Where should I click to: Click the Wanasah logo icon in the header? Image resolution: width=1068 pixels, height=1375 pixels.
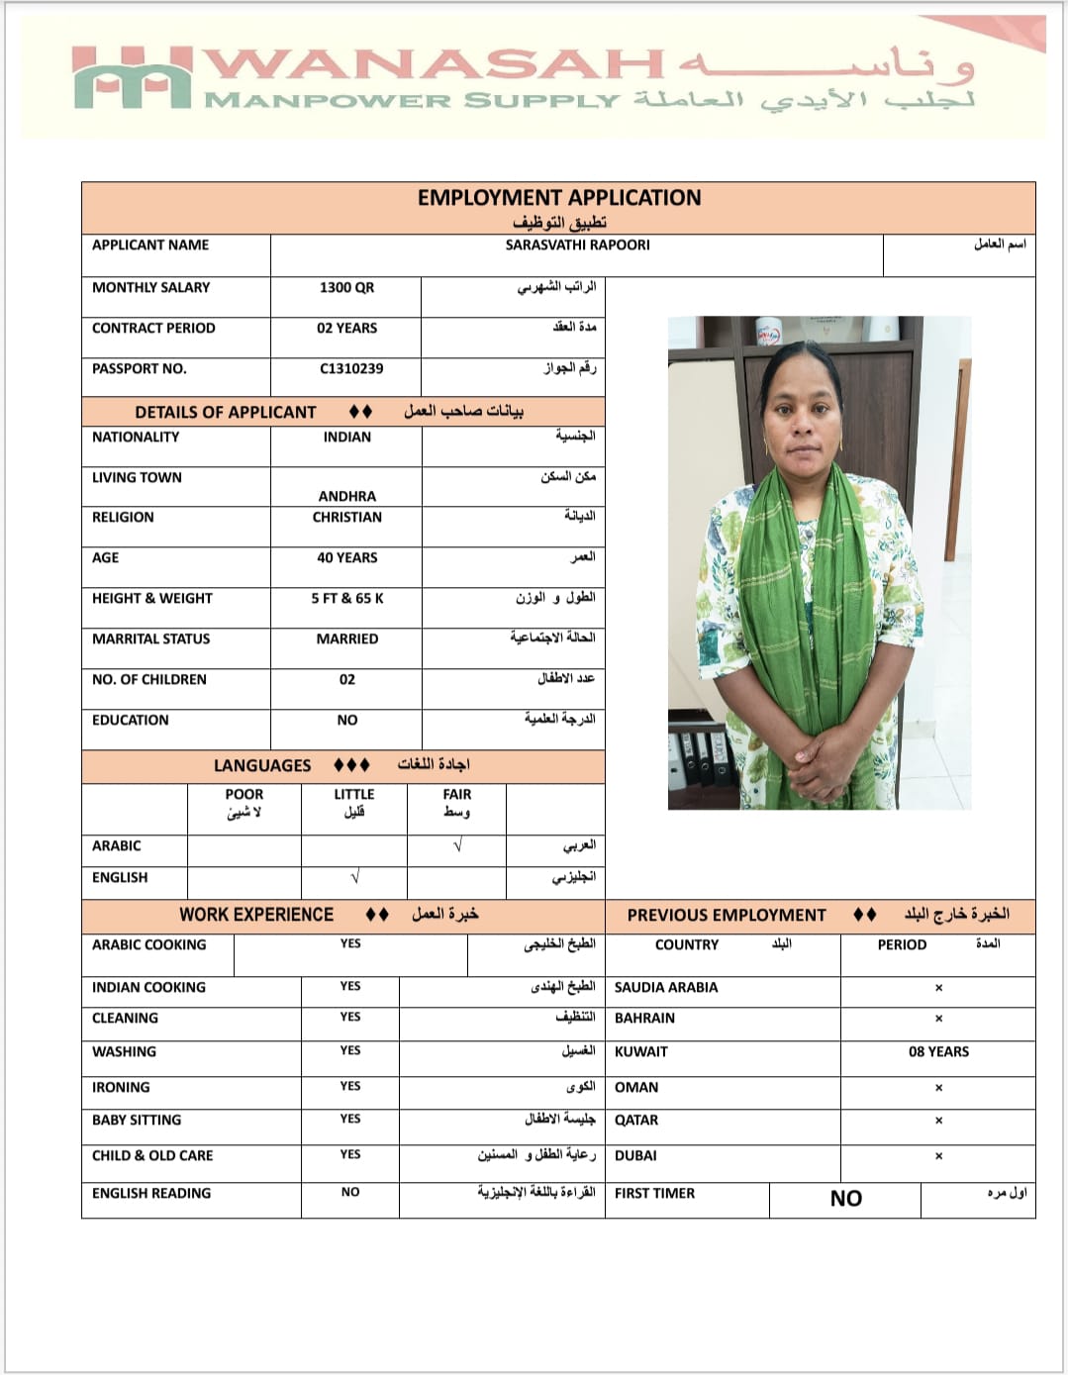(x=132, y=77)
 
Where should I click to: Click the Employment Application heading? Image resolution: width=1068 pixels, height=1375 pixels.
(x=558, y=198)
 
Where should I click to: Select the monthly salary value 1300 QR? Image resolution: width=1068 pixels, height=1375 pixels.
(x=346, y=287)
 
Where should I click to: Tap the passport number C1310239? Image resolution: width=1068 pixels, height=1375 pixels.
(x=350, y=368)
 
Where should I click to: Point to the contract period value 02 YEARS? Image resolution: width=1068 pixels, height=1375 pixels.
(x=346, y=328)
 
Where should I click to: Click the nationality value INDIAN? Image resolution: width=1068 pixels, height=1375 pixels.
(x=346, y=437)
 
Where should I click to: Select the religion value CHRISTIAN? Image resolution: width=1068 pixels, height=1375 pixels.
(x=346, y=517)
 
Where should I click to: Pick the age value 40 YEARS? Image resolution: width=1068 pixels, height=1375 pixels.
(x=346, y=557)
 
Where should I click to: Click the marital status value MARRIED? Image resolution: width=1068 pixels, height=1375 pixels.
(x=346, y=638)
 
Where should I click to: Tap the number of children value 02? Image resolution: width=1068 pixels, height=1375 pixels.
(x=346, y=679)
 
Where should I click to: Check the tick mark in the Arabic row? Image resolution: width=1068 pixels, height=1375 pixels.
(x=456, y=846)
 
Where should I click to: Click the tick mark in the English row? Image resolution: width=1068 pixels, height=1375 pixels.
(x=354, y=878)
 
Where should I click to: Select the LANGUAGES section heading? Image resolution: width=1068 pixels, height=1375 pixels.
(x=262, y=765)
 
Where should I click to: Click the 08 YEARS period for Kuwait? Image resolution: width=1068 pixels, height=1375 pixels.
(x=938, y=1051)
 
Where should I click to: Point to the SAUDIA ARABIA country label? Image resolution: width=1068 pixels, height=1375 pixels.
(x=666, y=987)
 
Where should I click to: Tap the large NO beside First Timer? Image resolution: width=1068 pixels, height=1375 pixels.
(x=845, y=1199)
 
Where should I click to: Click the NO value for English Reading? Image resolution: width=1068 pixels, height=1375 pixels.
(x=350, y=1192)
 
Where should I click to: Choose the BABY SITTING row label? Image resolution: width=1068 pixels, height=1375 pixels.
(x=137, y=1120)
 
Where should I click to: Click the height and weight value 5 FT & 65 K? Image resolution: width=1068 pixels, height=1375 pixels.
(x=346, y=598)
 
